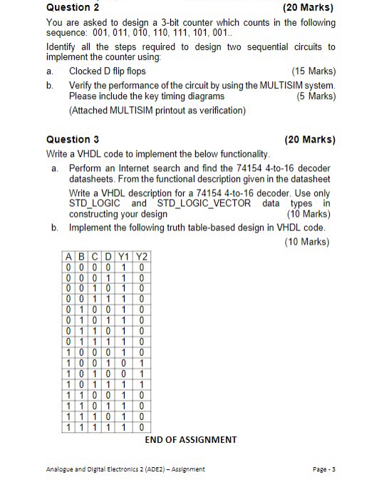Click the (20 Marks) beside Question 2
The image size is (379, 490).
tap(308, 8)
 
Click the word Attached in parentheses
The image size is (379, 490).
tap(90, 111)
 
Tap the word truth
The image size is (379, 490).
tap(183, 228)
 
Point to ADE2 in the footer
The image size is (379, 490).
tap(151, 469)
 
